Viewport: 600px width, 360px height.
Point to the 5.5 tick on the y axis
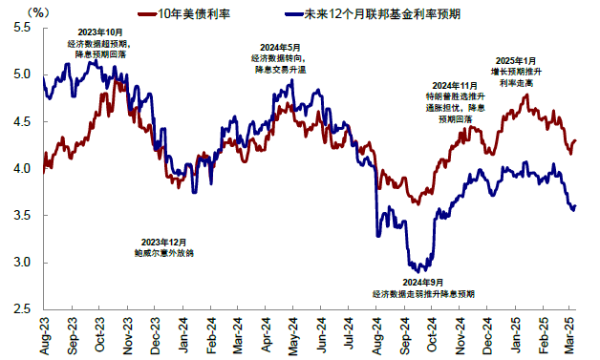(x=22, y=29)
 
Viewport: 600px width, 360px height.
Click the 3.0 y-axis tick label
(x=22, y=263)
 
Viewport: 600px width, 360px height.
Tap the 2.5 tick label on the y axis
(x=22, y=309)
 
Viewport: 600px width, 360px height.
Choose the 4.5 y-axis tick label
(x=22, y=122)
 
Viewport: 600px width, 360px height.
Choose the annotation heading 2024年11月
(x=454, y=86)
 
